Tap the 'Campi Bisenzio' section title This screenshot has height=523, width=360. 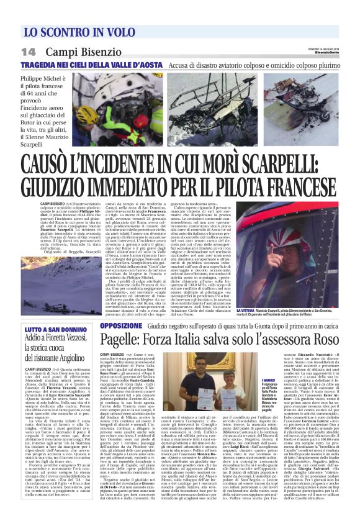tap(78, 51)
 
